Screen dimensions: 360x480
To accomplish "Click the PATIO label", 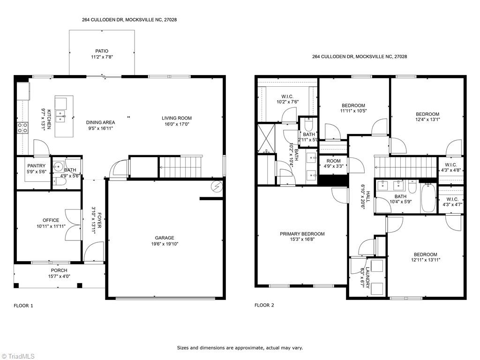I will pyautogui.click(x=102, y=51).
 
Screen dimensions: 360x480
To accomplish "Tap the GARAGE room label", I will pyautogui.click(x=164, y=238).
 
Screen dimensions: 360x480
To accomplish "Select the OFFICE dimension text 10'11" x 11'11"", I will pyautogui.click(x=51, y=226).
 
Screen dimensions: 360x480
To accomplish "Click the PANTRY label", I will pyautogui.click(x=36, y=165).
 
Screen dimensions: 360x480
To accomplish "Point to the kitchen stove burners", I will pyautogui.click(x=22, y=127).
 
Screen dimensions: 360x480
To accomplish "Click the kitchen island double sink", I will pyautogui.click(x=61, y=116).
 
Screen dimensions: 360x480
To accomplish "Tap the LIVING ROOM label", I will pyautogui.click(x=177, y=118).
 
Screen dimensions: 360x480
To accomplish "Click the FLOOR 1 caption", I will pyautogui.click(x=23, y=306).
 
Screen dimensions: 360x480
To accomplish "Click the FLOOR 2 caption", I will pyautogui.click(x=264, y=305).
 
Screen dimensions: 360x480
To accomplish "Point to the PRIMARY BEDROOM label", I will pyautogui.click(x=302, y=234).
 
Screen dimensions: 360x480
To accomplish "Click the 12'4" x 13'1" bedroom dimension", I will pyautogui.click(x=427, y=120).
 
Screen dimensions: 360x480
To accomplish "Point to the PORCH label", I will pyautogui.click(x=59, y=270).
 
